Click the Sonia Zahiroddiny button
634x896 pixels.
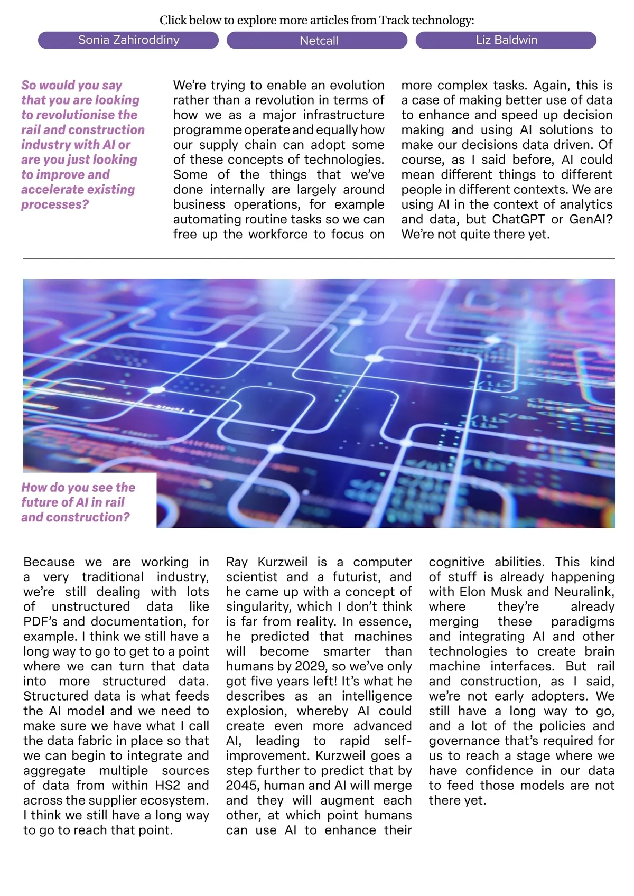tap(128, 40)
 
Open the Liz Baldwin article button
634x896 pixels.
tap(506, 40)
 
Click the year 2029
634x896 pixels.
tap(294, 666)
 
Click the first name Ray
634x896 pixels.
tap(237, 562)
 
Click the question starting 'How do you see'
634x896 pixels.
tap(78, 502)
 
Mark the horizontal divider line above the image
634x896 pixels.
tap(319, 258)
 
